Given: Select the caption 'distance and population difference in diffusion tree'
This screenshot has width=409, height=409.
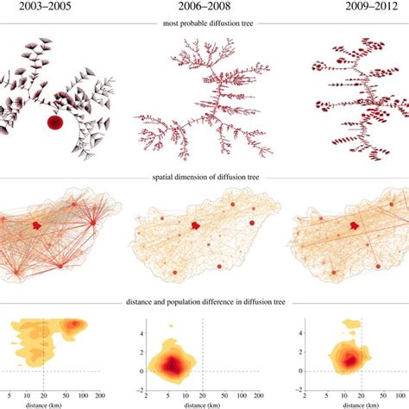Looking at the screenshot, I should [x=204, y=303].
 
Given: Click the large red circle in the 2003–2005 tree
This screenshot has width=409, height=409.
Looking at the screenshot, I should [x=54, y=123].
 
